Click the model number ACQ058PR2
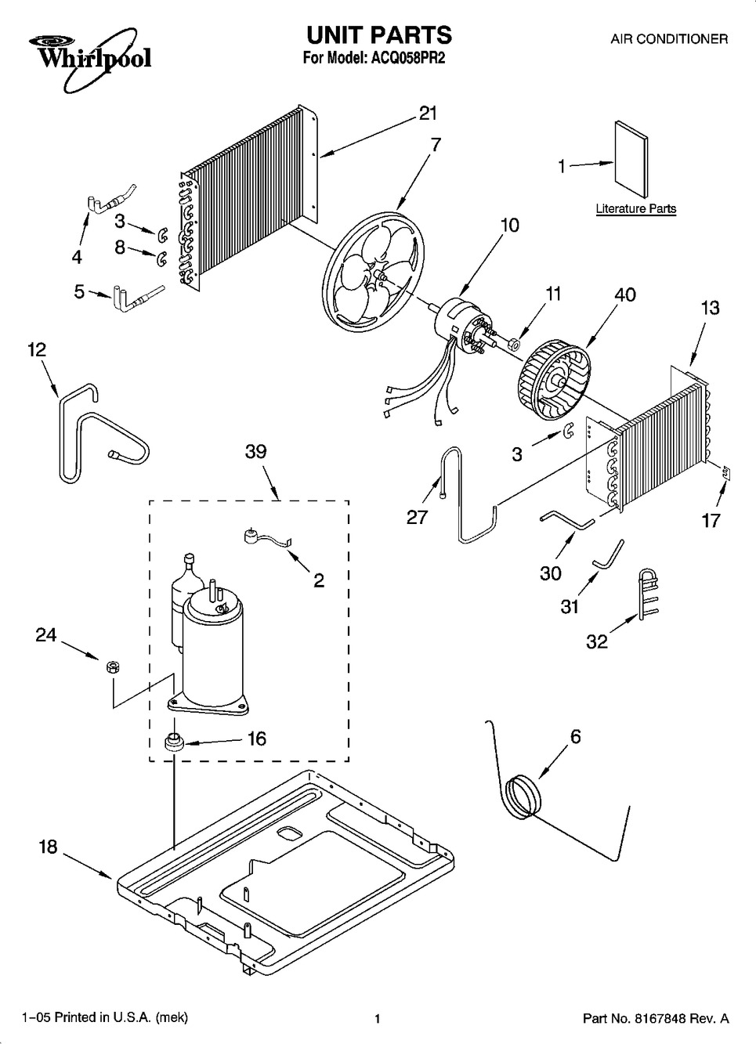407,58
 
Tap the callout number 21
428,114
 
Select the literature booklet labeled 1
631,159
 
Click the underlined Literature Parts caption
636,209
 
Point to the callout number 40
625,294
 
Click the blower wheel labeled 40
554,383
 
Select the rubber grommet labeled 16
174,741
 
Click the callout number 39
256,451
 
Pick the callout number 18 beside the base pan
48,847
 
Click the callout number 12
38,349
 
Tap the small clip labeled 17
725,474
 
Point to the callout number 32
597,641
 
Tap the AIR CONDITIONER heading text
669,39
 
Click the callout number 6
576,736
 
